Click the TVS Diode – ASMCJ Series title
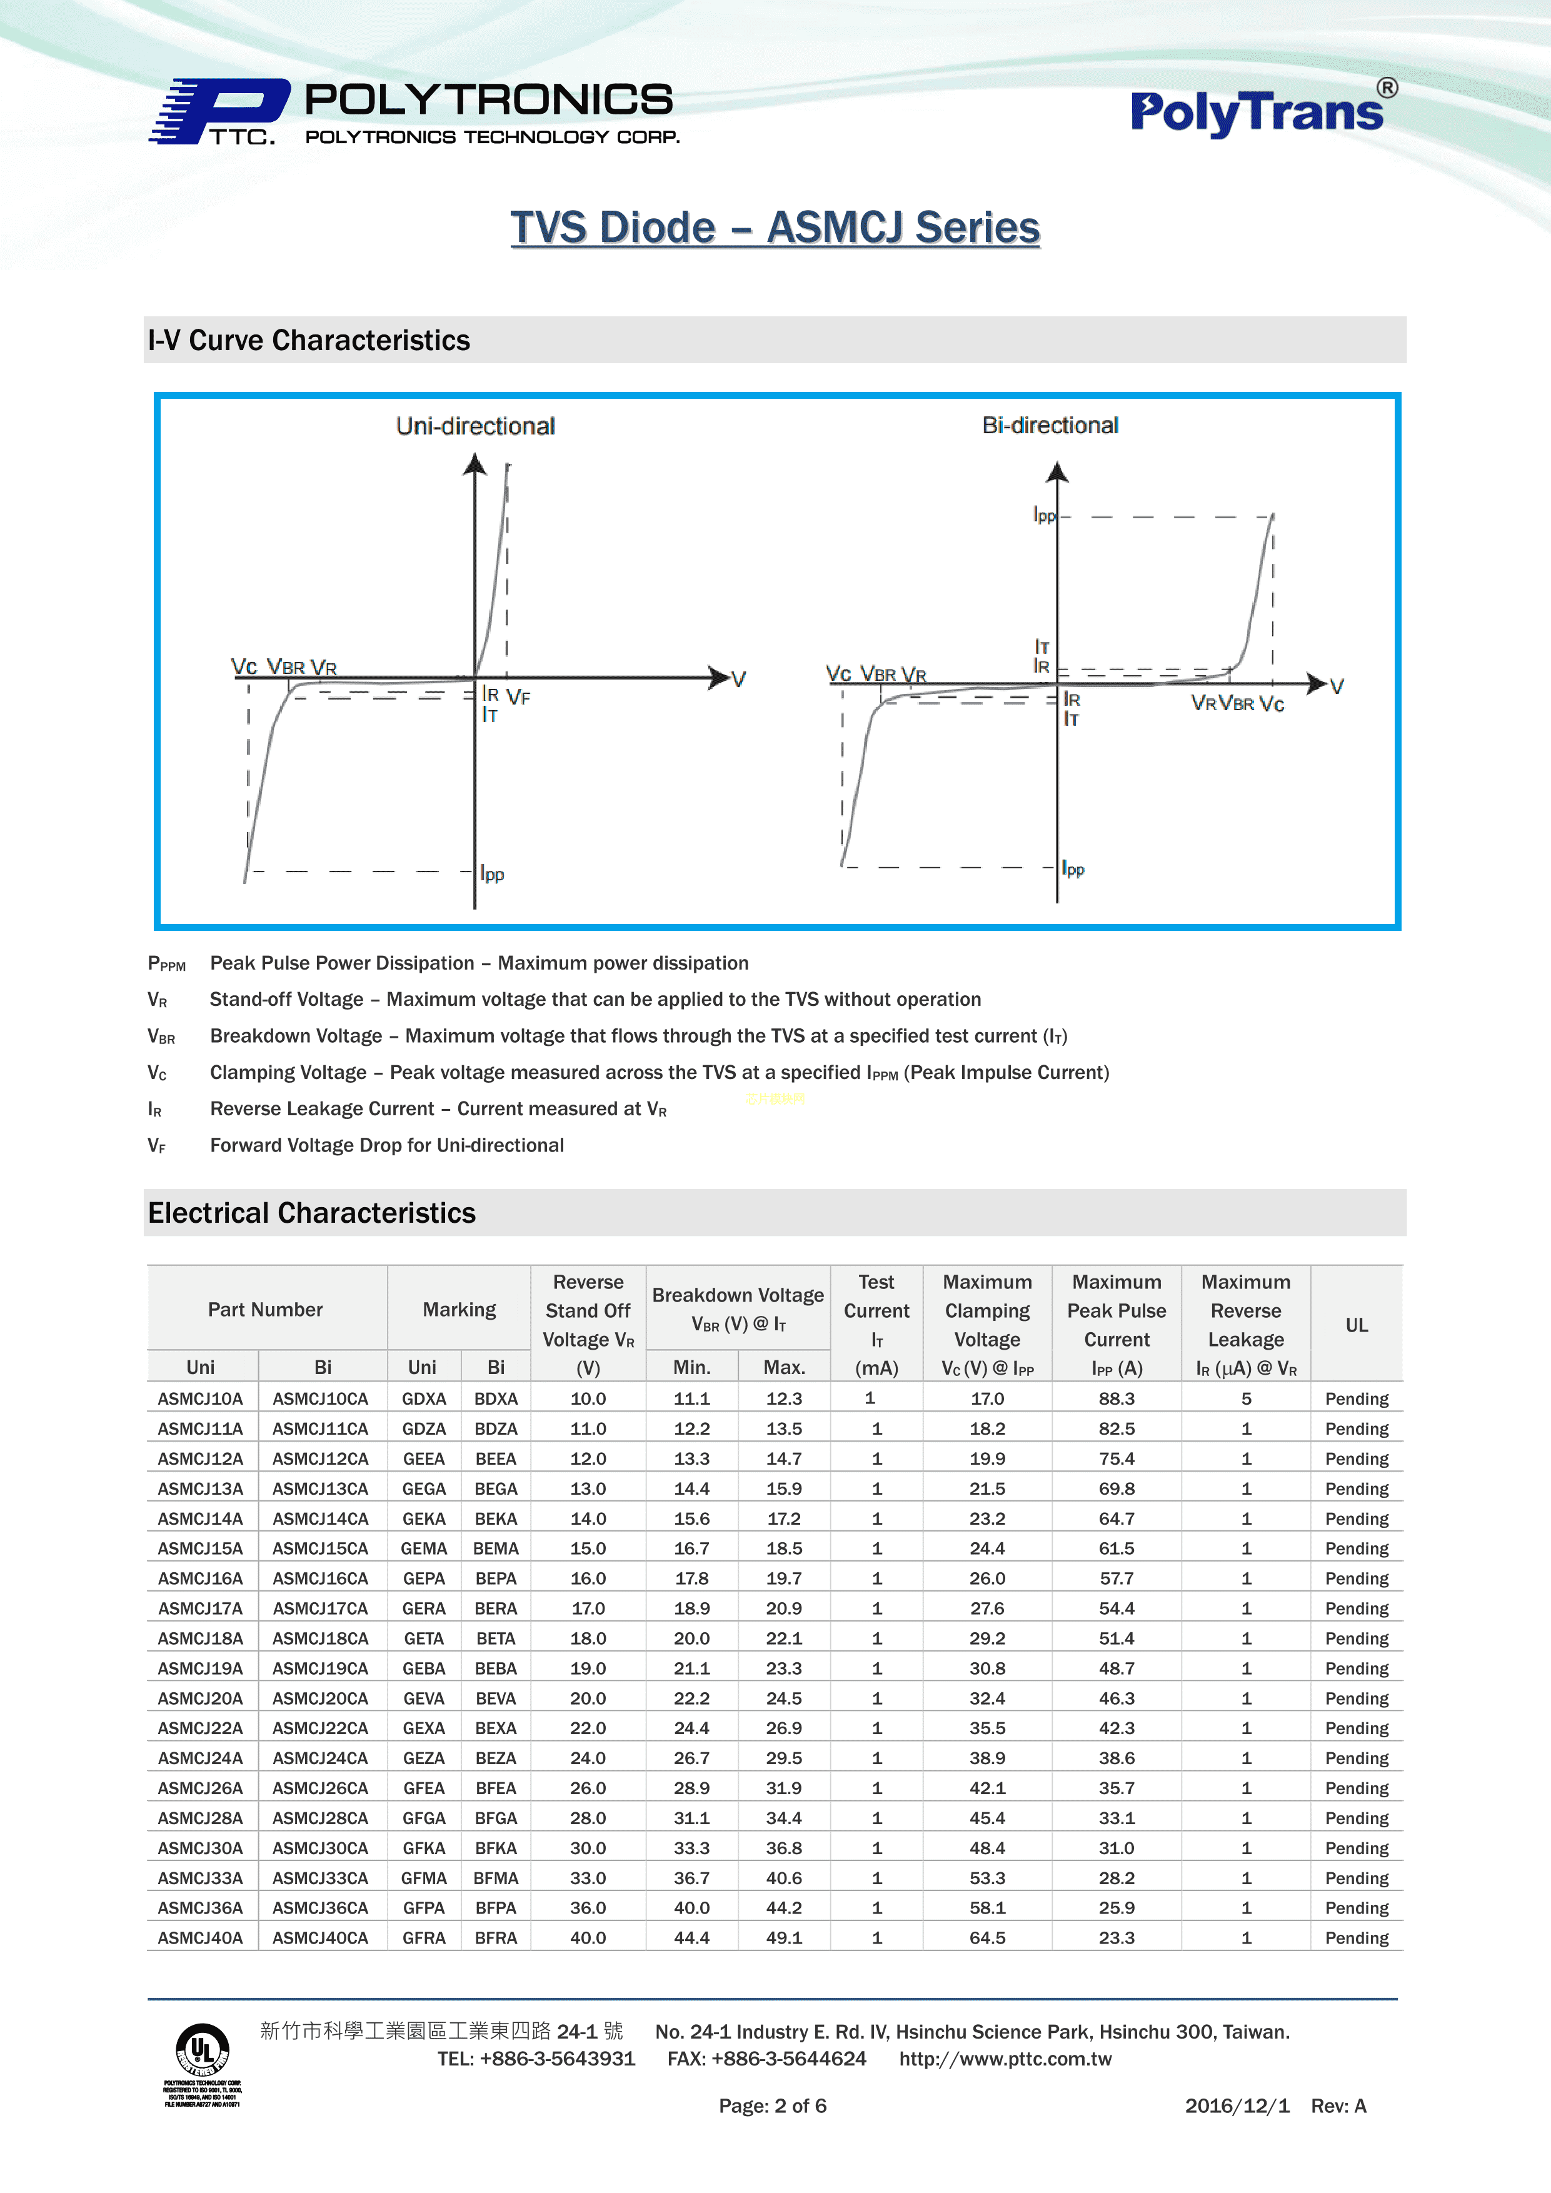coord(775,228)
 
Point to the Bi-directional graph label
coord(1050,425)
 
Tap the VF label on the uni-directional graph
coord(519,697)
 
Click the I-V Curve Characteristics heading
coord(308,340)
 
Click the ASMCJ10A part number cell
coord(201,1398)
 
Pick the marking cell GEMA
coord(423,1548)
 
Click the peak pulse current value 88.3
coord(1117,1398)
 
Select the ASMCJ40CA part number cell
coord(320,1938)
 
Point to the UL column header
coord(1356,1325)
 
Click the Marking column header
coord(459,1310)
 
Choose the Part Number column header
coord(266,1310)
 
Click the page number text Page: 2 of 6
coord(773,2106)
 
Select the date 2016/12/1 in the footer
coord(1237,2106)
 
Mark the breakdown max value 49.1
coord(784,1938)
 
